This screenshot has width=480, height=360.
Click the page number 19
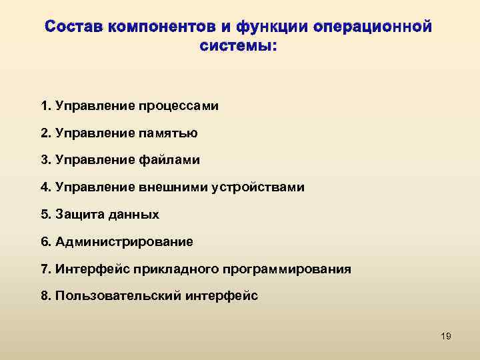click(x=446, y=336)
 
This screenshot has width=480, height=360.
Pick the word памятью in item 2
click(x=167, y=133)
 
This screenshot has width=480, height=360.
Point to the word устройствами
click(x=258, y=187)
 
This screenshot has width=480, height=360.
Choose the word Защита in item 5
click(x=77, y=215)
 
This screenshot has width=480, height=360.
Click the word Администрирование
click(x=125, y=242)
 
